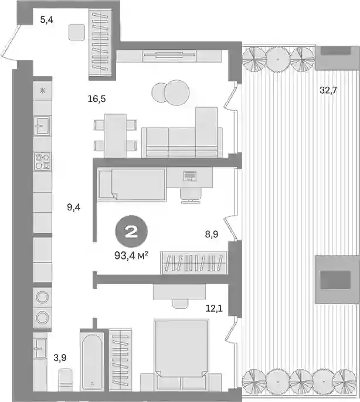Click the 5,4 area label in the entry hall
point(47,19)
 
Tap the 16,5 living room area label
point(97,98)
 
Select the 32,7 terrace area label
point(328,90)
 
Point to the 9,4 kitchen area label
point(74,207)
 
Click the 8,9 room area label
point(212,234)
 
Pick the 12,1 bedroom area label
point(214,308)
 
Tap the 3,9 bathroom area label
point(60,358)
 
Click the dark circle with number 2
point(132,232)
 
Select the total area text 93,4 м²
point(131,255)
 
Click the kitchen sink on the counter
point(43,125)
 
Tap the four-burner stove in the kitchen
point(43,161)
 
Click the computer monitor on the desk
point(189,176)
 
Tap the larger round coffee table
point(177,93)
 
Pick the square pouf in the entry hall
point(76,32)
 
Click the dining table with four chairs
point(115,135)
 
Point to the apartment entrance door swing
point(10,42)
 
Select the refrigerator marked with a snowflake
point(43,90)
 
